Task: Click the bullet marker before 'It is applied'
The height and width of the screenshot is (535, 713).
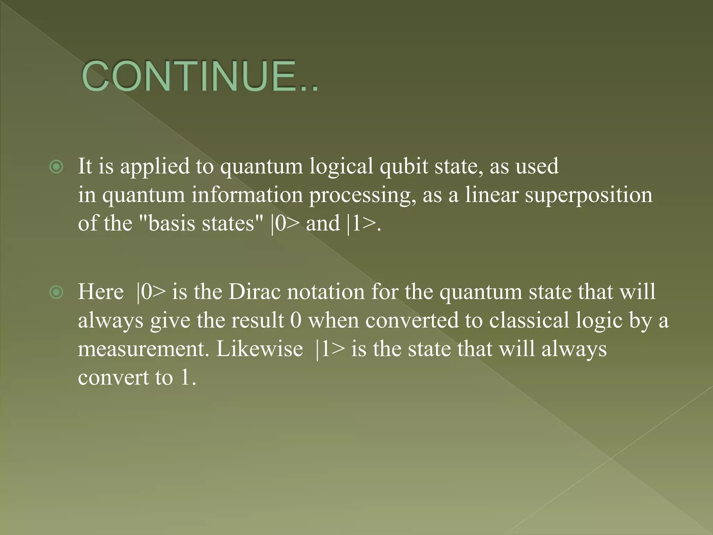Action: pyautogui.click(x=56, y=167)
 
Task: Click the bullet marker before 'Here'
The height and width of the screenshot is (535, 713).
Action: pyautogui.click(x=56, y=292)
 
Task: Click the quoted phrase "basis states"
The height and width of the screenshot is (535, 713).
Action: pyautogui.click(x=201, y=223)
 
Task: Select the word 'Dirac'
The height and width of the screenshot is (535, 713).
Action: pyautogui.click(x=254, y=292)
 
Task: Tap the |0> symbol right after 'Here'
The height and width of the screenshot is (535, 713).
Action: pyautogui.click(x=151, y=292)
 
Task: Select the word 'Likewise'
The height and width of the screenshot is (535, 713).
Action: pyautogui.click(x=259, y=349)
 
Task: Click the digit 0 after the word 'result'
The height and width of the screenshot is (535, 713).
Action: pyautogui.click(x=296, y=320)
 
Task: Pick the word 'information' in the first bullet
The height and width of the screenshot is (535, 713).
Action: pyautogui.click(x=247, y=195)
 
